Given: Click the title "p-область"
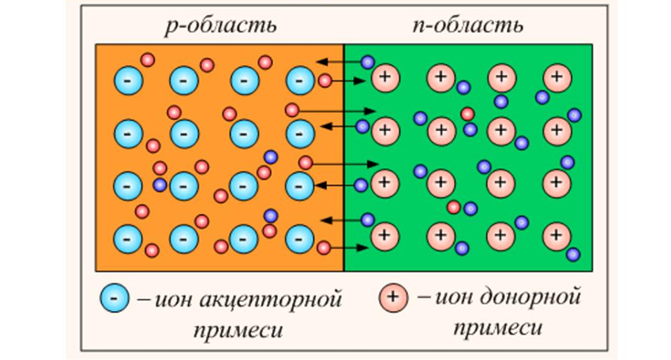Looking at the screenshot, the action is click(221, 25).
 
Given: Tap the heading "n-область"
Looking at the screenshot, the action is click(468, 25).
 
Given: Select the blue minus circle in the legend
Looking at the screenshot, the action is click(114, 298).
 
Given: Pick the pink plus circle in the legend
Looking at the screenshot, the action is click(393, 297).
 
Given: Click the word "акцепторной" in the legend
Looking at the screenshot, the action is click(271, 298).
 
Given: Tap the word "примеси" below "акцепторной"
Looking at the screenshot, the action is click(238, 331).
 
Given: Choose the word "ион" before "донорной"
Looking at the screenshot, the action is click(454, 297).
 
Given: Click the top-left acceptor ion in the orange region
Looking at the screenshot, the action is click(128, 81).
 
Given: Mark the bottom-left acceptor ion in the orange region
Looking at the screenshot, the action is click(127, 239).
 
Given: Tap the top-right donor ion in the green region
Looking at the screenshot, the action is click(557, 78).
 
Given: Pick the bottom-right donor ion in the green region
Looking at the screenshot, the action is click(557, 235).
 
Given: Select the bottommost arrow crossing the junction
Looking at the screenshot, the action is click(349, 248).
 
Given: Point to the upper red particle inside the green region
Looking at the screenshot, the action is click(467, 114).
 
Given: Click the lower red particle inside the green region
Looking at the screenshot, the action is click(453, 208).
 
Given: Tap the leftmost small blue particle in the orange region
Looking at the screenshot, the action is click(159, 185).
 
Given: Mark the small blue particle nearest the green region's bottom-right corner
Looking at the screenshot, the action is click(573, 254).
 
